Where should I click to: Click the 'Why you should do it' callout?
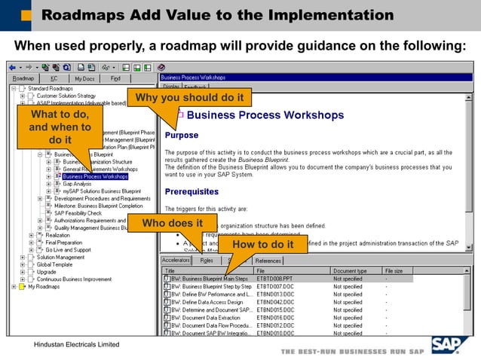pos(189,98)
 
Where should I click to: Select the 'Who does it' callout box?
pos(173,223)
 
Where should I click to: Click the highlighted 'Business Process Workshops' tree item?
pos(95,176)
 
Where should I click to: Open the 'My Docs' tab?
pos(84,78)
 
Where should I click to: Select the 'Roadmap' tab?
pos(23,78)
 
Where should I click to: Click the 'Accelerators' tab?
pos(176,261)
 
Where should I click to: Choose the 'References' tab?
pos(268,261)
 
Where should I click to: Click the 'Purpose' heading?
pos(181,136)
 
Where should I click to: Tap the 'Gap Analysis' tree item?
pos(77,184)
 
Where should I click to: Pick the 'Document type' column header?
pos(350,270)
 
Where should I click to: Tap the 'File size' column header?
pos(394,270)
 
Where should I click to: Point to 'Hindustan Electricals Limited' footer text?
pos(72,344)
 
